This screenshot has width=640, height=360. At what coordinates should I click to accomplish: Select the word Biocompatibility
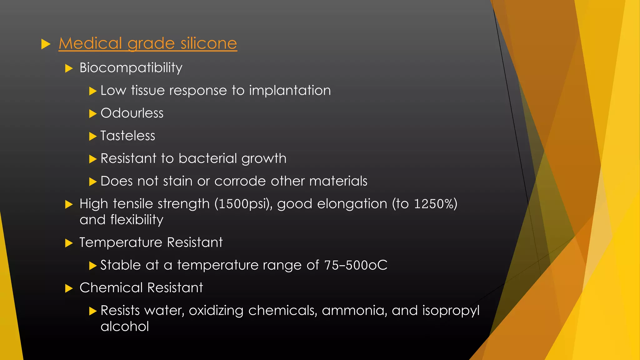(x=131, y=68)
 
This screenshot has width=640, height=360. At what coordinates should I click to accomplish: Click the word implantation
(x=290, y=91)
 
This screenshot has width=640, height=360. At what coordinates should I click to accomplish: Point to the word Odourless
(x=132, y=113)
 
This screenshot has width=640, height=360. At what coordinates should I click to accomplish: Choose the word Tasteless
(x=128, y=136)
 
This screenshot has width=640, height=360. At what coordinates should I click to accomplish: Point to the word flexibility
(x=137, y=220)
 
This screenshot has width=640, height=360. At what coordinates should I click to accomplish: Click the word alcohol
(x=125, y=327)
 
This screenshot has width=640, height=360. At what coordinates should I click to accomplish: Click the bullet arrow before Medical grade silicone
(x=46, y=44)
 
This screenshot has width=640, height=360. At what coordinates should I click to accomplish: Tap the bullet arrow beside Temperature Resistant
(x=69, y=243)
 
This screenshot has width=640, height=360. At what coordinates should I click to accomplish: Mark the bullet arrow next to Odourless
(x=93, y=114)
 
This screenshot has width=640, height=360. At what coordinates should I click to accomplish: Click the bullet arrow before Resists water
(x=93, y=311)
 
